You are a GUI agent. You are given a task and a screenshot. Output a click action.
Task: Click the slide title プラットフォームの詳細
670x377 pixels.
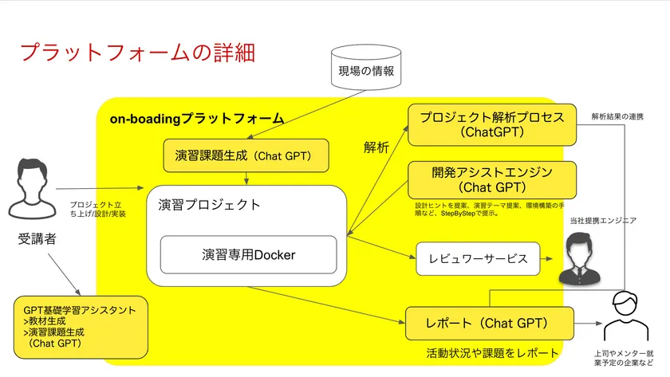point(137,53)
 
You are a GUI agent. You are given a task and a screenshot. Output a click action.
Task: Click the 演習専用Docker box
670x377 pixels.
point(248,255)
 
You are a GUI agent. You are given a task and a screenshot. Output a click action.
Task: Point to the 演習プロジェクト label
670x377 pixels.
point(210,204)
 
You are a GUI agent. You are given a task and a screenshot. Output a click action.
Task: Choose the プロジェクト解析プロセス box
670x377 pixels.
point(492,124)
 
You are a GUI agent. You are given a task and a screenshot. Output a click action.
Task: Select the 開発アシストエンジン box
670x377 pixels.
point(492,179)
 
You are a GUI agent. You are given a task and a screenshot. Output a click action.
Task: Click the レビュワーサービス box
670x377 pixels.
point(478,258)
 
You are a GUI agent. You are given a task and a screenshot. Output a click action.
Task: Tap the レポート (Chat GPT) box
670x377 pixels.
point(488,324)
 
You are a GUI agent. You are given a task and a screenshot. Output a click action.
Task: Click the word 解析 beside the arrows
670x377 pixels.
point(376,147)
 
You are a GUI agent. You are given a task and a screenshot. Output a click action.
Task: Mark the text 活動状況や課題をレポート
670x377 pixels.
point(492,352)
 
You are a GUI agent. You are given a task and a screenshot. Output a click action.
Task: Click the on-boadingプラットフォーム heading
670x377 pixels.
point(196,118)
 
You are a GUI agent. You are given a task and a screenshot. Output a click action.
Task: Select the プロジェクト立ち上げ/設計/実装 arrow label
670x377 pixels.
point(98,208)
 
